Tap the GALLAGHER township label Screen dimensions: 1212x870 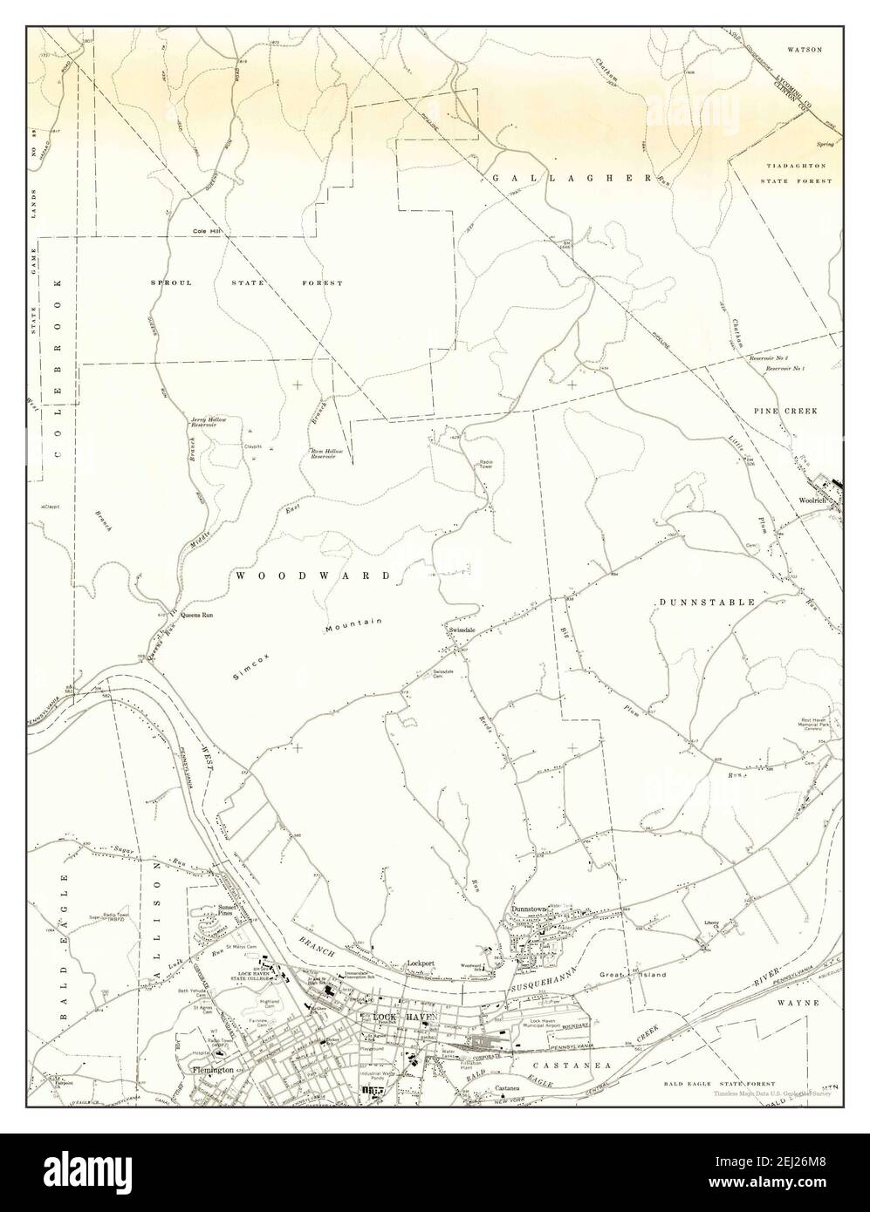572,178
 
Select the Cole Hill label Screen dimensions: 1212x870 209,231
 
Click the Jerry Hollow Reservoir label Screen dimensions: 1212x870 209,424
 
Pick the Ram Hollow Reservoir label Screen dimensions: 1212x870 327,453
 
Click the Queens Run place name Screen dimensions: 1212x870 197,615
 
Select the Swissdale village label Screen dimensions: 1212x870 460,629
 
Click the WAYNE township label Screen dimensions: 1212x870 800,1004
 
